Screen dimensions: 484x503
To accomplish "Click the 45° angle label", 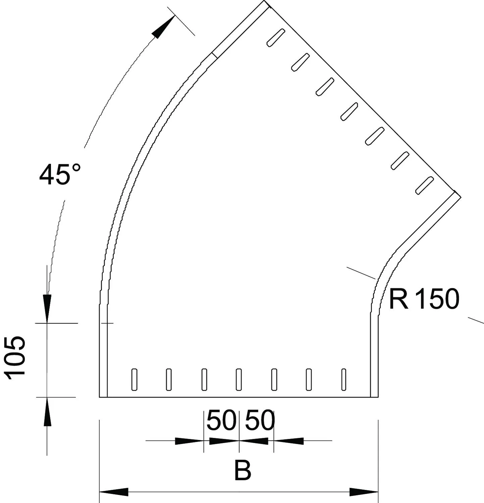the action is [x=60, y=174].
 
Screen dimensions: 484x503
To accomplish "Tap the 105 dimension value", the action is [x=15, y=358].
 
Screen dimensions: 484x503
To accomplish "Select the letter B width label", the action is [x=243, y=470].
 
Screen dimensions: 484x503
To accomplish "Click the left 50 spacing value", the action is [x=221, y=421].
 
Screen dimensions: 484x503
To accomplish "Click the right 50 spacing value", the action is [x=260, y=421].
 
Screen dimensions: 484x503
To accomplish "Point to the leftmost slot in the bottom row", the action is [x=134, y=380].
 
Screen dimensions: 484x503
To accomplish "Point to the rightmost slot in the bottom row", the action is [x=344, y=380].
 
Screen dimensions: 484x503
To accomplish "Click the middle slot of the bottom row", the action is [x=239, y=380].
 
